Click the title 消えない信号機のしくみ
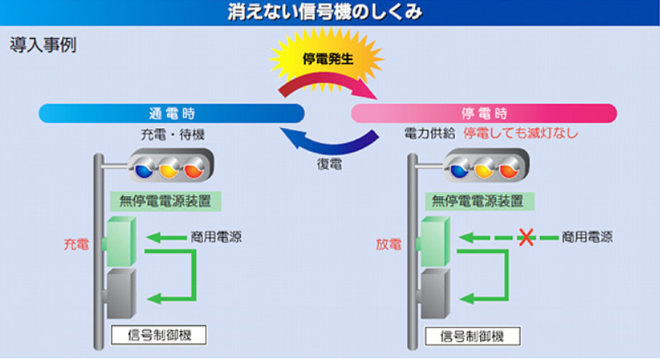[x=329, y=11]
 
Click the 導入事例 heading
[x=42, y=45]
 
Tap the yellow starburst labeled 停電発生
[x=329, y=58]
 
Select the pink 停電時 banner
[x=484, y=113]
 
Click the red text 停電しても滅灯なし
[x=521, y=133]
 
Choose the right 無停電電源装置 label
[x=478, y=201]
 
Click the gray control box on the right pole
[x=435, y=293]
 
